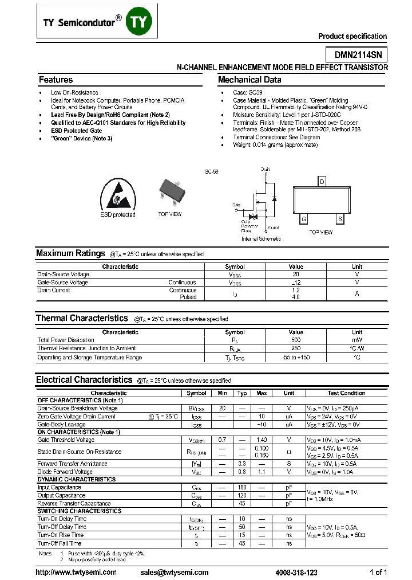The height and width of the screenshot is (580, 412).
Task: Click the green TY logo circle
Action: point(139,21)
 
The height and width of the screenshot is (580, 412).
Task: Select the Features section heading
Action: point(56,80)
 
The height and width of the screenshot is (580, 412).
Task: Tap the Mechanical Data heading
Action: point(249,80)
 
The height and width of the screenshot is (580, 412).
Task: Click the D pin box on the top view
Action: point(322,182)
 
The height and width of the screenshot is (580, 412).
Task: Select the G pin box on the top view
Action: point(304,220)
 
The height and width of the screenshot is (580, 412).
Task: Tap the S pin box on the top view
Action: point(340,220)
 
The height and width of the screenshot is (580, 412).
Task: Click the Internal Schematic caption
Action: point(261,238)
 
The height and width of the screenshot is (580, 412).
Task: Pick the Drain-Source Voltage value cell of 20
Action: point(296,275)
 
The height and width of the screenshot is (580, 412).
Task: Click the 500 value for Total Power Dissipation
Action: point(296,340)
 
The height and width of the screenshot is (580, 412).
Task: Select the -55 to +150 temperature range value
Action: point(296,357)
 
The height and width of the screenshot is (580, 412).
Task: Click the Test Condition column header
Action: point(346,393)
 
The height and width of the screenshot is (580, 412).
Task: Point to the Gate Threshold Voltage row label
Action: point(66,440)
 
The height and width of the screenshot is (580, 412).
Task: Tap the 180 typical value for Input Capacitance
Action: point(241,487)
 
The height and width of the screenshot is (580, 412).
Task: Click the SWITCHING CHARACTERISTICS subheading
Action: point(80,511)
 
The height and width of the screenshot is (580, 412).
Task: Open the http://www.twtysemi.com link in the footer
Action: point(76,572)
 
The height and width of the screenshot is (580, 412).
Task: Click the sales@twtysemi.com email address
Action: point(174,572)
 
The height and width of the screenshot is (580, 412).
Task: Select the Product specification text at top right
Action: point(352,36)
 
